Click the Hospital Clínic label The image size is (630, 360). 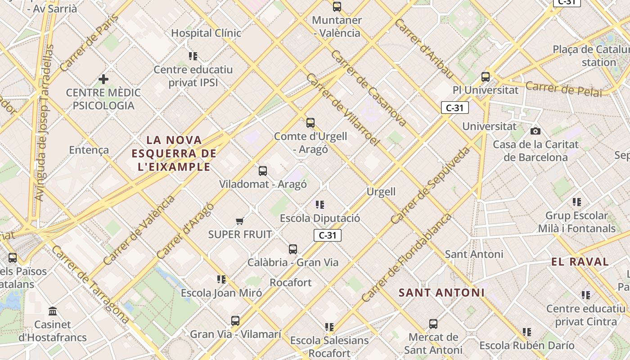[x=206, y=33]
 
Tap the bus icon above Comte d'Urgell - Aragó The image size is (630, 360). [x=310, y=122]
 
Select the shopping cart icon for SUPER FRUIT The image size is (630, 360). [x=240, y=221]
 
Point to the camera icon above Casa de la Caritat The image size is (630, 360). [x=535, y=131]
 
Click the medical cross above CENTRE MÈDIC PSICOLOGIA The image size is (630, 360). [x=103, y=79]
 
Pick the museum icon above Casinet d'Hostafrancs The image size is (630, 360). [x=53, y=311]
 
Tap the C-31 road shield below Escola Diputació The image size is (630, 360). [x=328, y=235]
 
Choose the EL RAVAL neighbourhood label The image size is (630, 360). [x=580, y=261]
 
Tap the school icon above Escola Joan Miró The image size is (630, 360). [x=221, y=279]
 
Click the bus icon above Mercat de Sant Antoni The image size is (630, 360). [x=433, y=324]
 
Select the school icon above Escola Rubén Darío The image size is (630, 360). [x=527, y=332]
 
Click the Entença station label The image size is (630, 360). [x=89, y=150]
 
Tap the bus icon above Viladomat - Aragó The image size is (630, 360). [x=263, y=171]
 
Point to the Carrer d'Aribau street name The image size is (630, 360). [x=423, y=49]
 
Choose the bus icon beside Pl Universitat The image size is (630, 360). [x=485, y=77]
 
